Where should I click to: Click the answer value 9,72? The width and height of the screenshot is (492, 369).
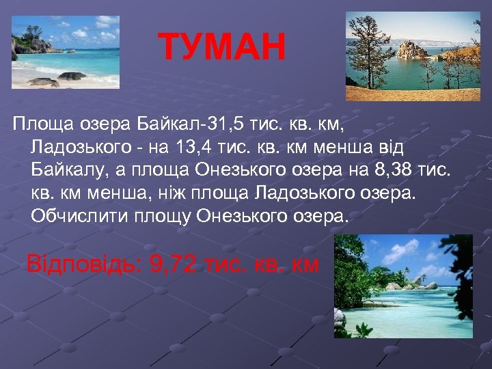[173, 264]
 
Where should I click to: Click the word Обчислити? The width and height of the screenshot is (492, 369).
[73, 217]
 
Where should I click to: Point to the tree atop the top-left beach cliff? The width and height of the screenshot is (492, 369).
[31, 33]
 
